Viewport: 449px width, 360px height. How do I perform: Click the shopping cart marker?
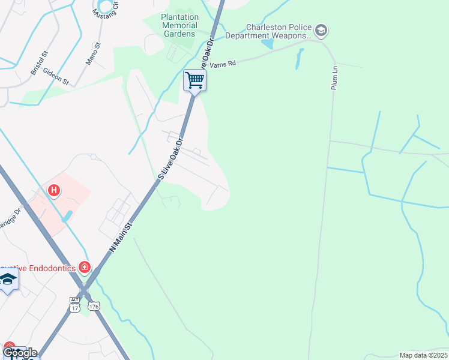click(194, 80)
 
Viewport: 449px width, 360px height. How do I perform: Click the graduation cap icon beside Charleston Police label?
click(321, 30)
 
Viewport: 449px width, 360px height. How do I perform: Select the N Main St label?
click(120, 235)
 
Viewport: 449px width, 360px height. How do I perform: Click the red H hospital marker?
click(55, 191)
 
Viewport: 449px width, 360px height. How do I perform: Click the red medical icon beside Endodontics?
click(85, 267)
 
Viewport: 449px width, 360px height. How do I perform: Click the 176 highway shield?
click(93, 307)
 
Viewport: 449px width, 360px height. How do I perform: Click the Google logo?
click(20, 352)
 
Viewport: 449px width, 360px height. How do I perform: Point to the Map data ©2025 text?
click(423, 355)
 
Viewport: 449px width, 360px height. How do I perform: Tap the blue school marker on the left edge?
click(7, 281)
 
